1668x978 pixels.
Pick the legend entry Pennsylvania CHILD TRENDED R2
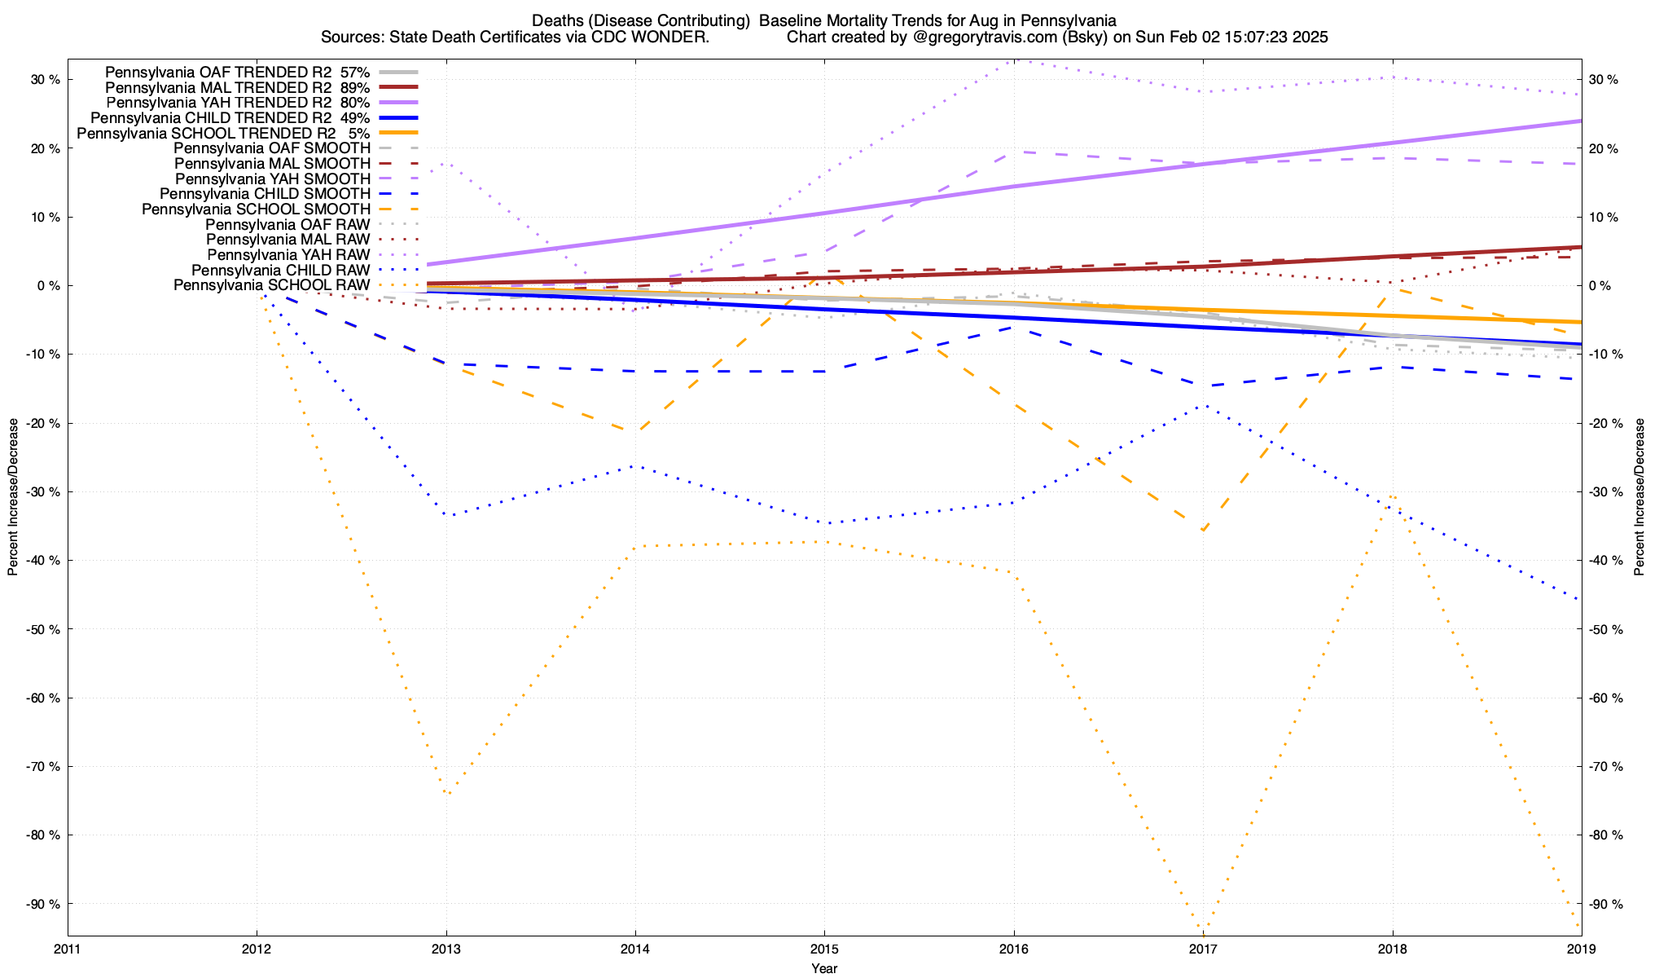tap(230, 117)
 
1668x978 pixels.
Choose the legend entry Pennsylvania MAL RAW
tap(288, 240)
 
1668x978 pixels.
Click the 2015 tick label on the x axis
tap(824, 949)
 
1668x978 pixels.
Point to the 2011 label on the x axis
tap(68, 949)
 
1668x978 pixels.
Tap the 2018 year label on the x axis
tap(1392, 949)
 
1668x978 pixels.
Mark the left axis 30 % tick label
tap(46, 80)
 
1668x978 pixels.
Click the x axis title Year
tap(824, 968)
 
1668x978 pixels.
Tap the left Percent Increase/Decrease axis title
tap(13, 497)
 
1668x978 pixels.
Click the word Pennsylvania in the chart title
tap(1073, 20)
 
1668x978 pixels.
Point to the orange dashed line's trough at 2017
tap(1203, 530)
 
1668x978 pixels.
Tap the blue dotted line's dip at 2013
tap(448, 515)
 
